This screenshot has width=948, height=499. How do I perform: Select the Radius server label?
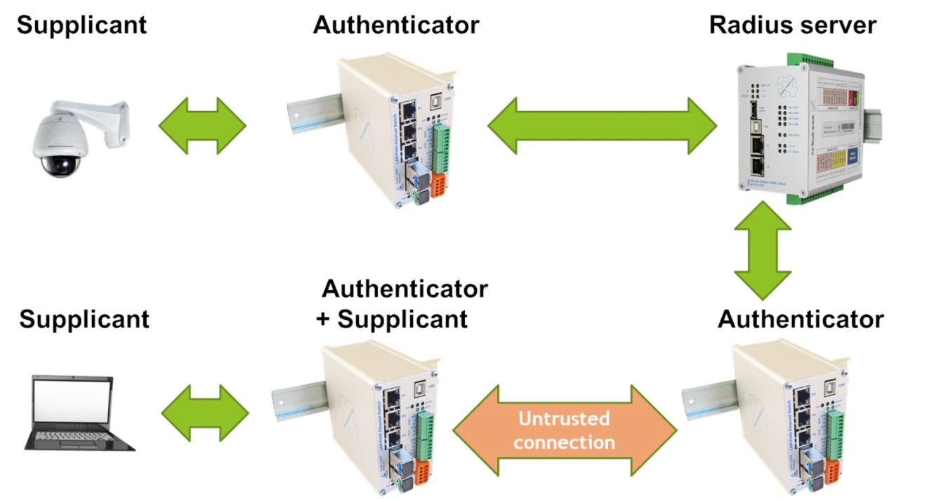[x=792, y=25]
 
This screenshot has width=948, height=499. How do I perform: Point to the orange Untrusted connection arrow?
[x=565, y=430]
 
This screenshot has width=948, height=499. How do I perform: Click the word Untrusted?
[x=564, y=419]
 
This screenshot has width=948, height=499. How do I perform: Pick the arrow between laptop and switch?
[x=205, y=413]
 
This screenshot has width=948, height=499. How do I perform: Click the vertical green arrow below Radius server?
[x=762, y=250]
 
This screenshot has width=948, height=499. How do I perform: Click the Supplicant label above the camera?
[x=81, y=25]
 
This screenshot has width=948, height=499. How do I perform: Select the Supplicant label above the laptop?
[x=84, y=319]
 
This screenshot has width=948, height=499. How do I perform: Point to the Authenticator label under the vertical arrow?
[x=801, y=319]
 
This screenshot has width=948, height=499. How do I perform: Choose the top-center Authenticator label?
[x=396, y=25]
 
